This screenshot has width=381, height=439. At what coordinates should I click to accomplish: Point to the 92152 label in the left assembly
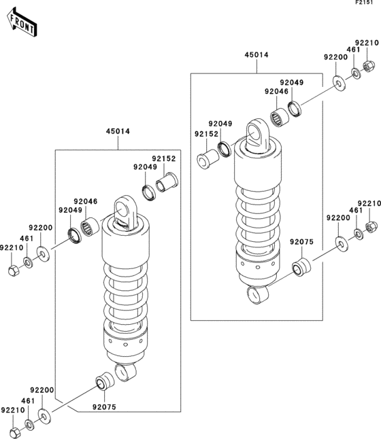click(164, 158)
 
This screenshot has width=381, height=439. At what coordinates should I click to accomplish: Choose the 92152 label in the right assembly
click(207, 134)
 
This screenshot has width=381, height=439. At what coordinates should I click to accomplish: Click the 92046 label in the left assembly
click(86, 201)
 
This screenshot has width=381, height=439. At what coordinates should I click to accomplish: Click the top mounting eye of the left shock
click(124, 208)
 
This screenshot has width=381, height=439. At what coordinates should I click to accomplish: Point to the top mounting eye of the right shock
click(256, 132)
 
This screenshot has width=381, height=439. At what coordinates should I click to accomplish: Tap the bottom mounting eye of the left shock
click(125, 372)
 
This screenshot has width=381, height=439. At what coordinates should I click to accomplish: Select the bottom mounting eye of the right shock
click(257, 294)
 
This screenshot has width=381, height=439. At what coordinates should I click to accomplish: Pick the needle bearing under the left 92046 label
click(88, 228)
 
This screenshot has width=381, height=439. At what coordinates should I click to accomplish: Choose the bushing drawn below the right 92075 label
click(299, 267)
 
